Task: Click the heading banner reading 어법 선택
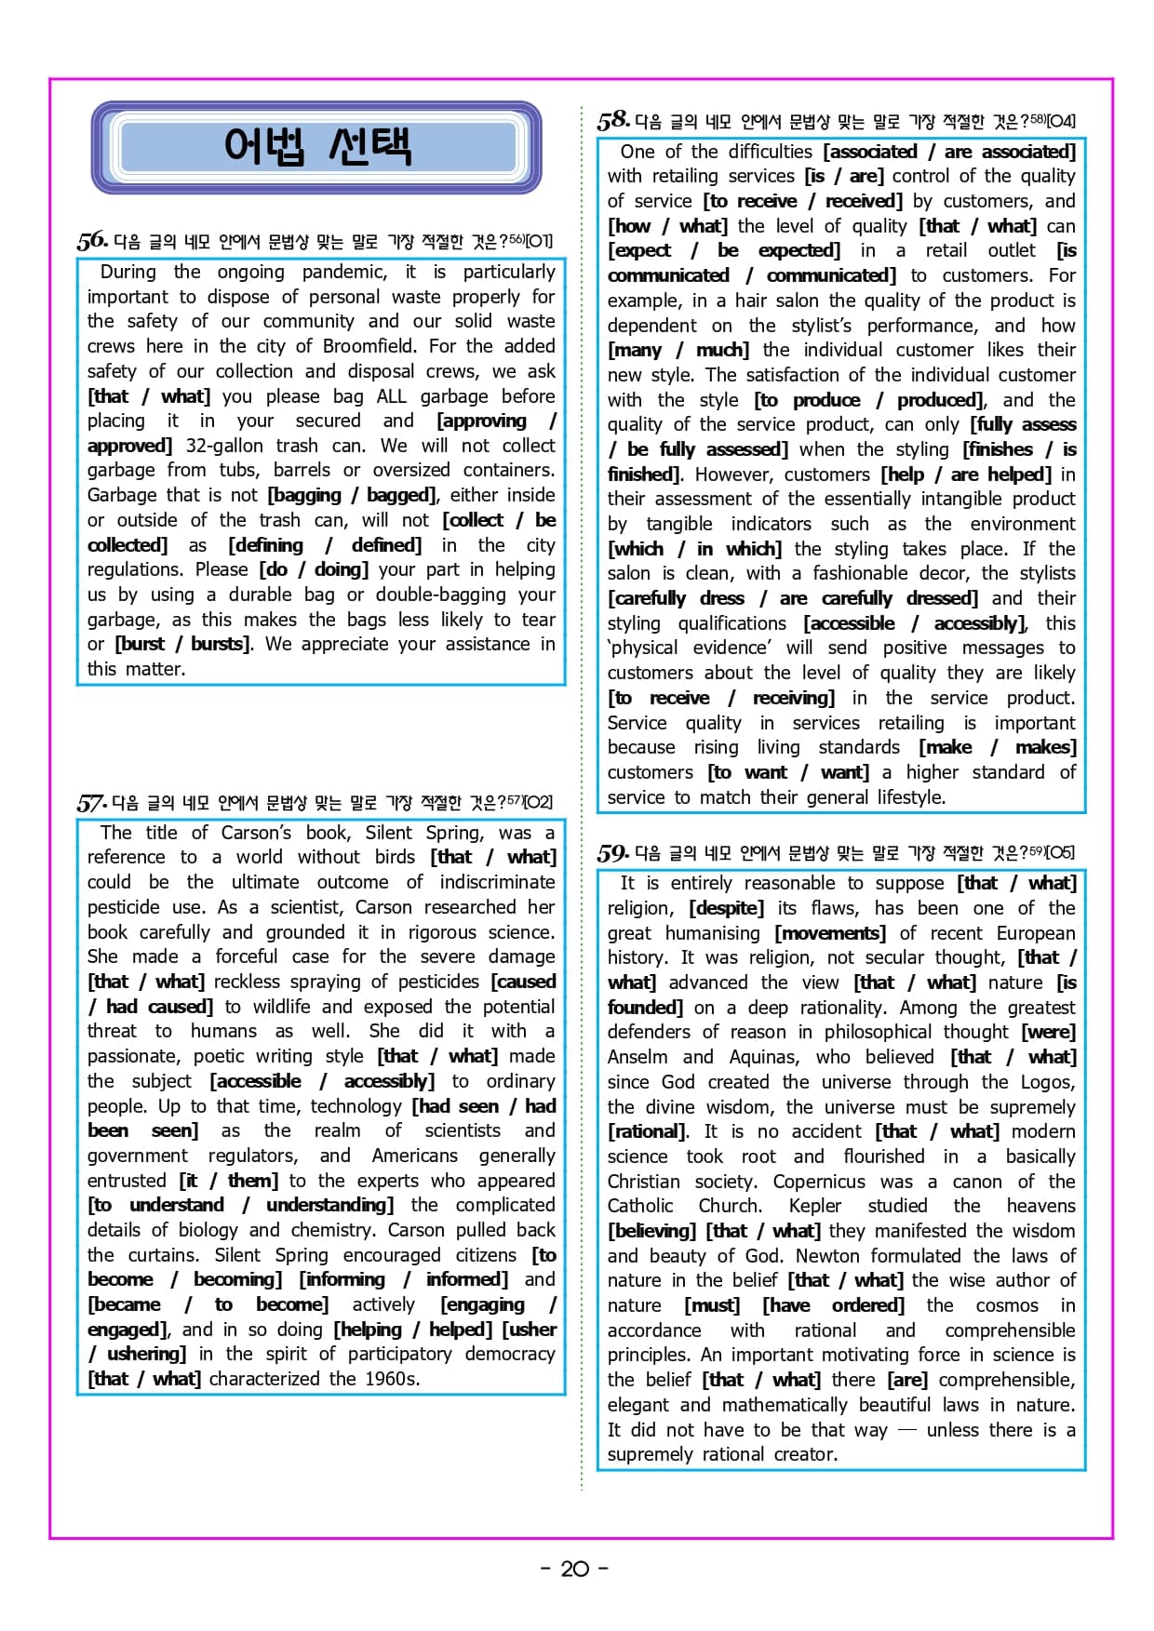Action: pyautogui.click(x=316, y=147)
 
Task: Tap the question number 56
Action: pyautogui.click(x=92, y=241)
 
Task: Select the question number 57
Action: pyautogui.click(x=92, y=803)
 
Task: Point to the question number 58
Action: pyautogui.click(x=613, y=120)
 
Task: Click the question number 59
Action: pyautogui.click(x=613, y=852)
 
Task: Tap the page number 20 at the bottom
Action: pyautogui.click(x=575, y=1569)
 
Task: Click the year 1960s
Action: pyautogui.click(x=391, y=1379)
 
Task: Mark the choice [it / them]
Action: pyautogui.click(x=228, y=1181)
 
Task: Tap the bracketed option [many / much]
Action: pyautogui.click(x=678, y=350)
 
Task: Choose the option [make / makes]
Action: pyautogui.click(x=997, y=747)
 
